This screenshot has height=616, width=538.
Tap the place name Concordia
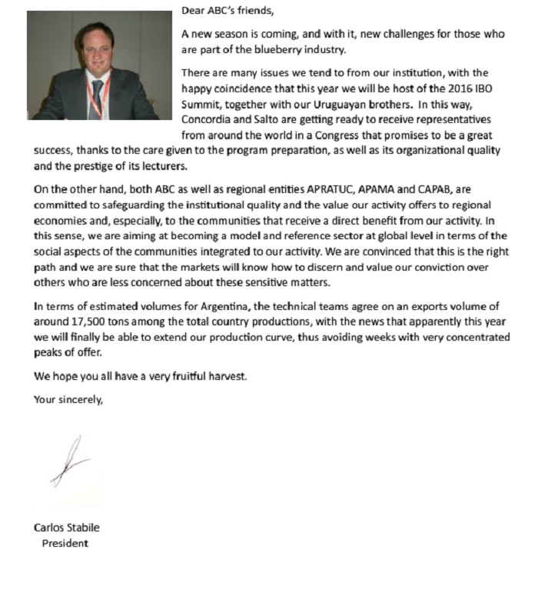point(206,118)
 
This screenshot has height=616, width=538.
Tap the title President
point(65,544)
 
